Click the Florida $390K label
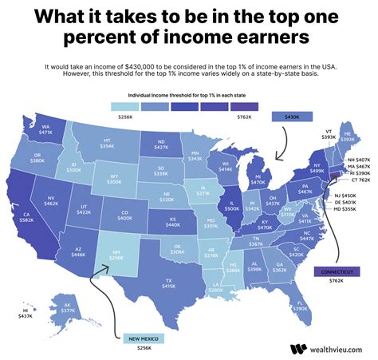tap(301, 305)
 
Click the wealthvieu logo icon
tap(298, 348)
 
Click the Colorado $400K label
tap(124, 216)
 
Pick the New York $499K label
tap(316, 168)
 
